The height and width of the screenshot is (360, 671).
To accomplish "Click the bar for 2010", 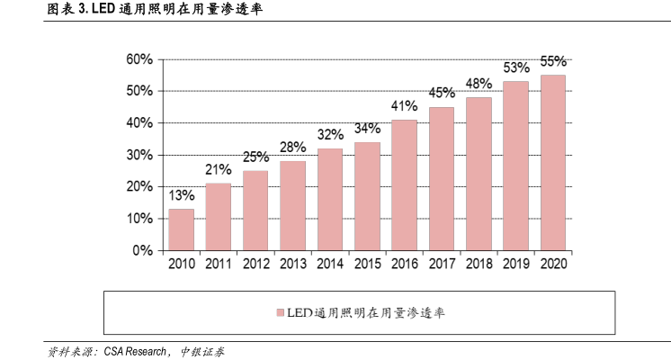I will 181,229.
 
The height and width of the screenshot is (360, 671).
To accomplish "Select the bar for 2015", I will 367,196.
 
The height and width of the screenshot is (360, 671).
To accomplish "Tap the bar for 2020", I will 552,163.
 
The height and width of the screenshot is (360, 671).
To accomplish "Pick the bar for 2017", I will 442,179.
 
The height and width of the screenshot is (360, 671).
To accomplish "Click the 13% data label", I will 181,195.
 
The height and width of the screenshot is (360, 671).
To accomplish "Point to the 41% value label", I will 405,106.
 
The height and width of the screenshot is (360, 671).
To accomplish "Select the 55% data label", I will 552,62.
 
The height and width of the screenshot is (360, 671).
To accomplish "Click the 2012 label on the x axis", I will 255,264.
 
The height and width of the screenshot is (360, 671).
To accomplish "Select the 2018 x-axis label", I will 479,264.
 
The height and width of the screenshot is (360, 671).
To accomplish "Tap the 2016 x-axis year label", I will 405,264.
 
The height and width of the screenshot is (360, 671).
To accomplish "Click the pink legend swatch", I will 279,313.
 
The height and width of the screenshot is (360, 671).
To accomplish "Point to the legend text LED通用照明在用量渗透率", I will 364,313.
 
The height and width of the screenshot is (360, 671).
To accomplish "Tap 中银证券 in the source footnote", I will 202,351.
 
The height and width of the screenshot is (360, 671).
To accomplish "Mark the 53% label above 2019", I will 515,68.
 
